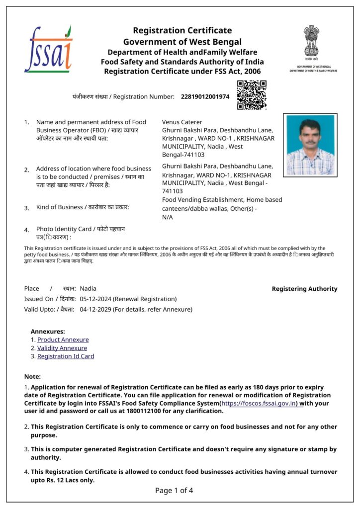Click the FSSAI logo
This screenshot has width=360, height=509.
click(48, 49)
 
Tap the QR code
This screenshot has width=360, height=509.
click(252, 94)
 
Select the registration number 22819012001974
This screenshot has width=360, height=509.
click(205, 96)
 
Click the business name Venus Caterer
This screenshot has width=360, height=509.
click(182, 122)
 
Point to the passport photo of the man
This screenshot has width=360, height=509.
click(310, 145)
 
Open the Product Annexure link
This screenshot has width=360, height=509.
click(63, 339)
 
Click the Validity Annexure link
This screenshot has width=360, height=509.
click(62, 348)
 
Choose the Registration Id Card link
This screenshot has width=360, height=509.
click(66, 356)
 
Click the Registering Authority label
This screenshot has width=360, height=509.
click(304, 289)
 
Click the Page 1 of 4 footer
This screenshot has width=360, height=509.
click(174, 491)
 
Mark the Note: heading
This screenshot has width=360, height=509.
click(33, 377)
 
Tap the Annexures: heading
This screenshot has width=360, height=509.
click(48, 331)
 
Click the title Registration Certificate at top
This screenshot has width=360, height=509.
click(182, 31)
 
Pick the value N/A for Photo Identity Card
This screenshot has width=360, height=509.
click(168, 217)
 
